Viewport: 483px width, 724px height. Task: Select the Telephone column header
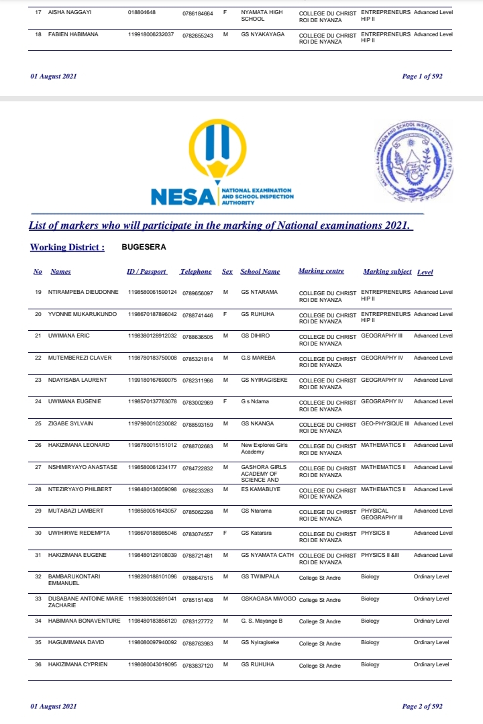click(x=196, y=272)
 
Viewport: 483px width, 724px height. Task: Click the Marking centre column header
click(x=321, y=271)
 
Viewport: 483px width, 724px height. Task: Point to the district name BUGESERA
click(x=144, y=247)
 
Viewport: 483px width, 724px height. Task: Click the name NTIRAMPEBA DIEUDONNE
click(x=83, y=293)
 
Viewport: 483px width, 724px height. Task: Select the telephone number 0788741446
click(x=197, y=315)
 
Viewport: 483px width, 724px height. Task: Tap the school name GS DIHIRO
click(x=256, y=335)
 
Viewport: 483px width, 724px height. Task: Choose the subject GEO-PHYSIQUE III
click(x=385, y=423)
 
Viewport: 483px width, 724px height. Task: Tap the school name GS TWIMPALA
click(x=260, y=577)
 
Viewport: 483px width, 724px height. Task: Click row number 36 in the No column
click(x=38, y=665)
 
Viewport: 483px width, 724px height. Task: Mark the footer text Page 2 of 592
click(x=422, y=706)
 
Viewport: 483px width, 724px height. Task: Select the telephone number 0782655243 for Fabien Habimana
click(x=197, y=35)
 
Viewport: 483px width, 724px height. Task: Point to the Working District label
click(x=67, y=247)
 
